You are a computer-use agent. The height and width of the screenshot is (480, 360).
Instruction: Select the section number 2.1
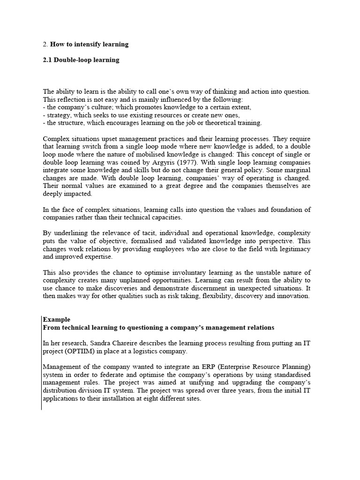(x=47, y=60)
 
